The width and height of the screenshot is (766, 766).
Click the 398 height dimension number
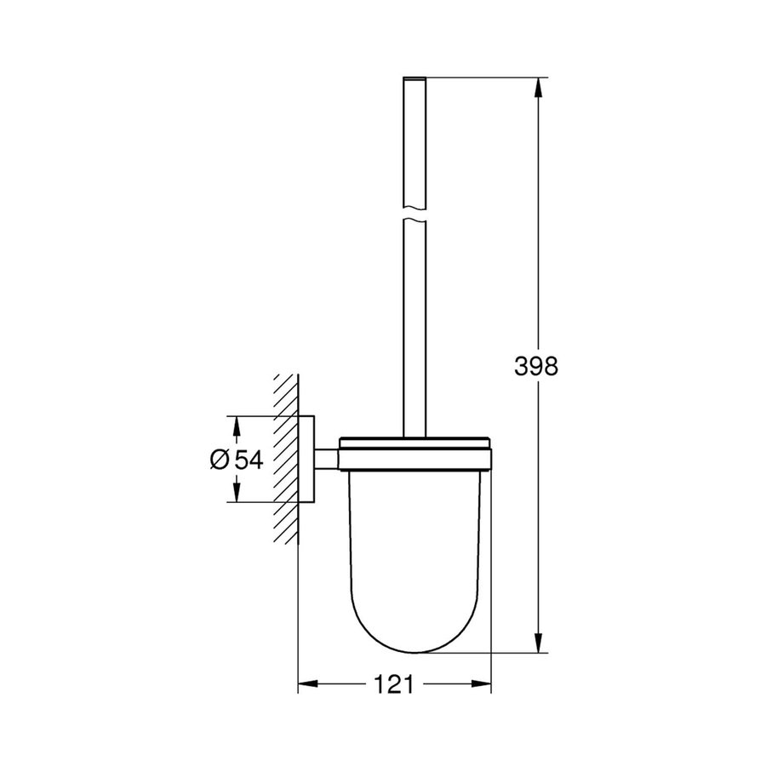click(535, 367)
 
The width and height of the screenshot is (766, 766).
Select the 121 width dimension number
click(394, 683)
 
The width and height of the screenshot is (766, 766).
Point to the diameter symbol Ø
click(218, 459)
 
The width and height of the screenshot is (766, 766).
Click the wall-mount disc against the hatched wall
click(307, 459)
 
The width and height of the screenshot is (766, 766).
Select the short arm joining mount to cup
click(328, 459)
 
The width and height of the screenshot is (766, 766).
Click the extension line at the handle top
click(485, 78)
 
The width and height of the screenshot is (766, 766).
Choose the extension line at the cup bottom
click(485, 654)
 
